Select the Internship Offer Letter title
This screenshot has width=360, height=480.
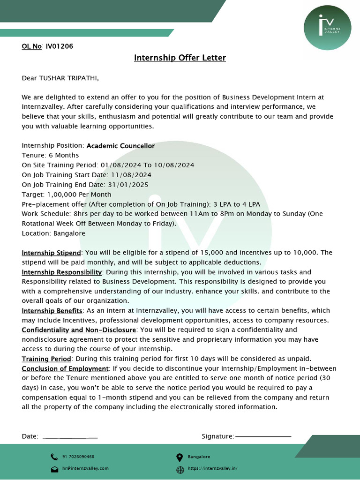[180, 58]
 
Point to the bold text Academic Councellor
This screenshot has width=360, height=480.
[120, 146]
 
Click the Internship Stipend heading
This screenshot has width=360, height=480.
[52, 253]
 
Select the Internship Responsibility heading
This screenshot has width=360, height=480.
[62, 272]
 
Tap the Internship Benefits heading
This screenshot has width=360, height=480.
[52, 311]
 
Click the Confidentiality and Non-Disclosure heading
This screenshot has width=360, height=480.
[79, 330]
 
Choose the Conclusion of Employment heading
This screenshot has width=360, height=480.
[65, 369]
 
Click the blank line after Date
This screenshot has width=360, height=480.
[70, 437]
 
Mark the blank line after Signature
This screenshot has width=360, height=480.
[263, 436]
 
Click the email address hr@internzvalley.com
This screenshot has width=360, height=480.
[85, 468]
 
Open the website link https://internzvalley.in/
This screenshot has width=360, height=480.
[212, 468]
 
